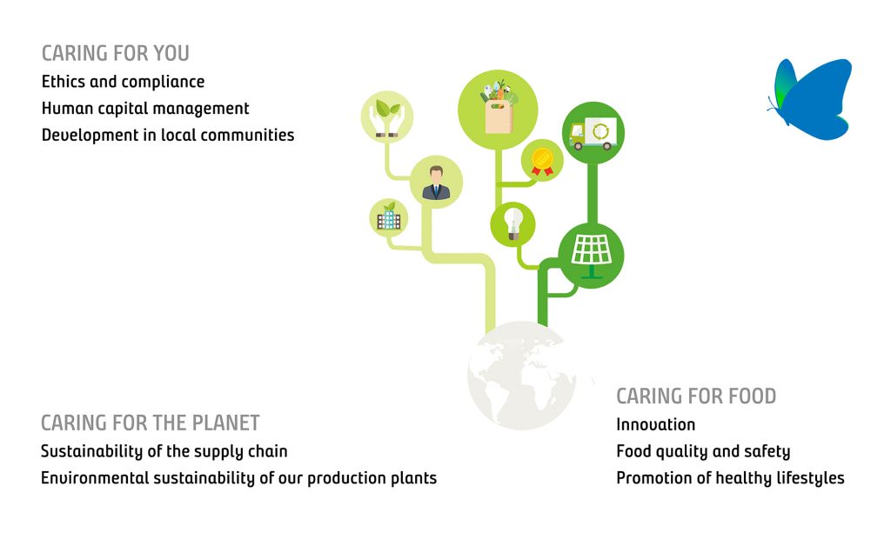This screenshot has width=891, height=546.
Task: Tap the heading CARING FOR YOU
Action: click(116, 53)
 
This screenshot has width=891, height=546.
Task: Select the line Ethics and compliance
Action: click(123, 82)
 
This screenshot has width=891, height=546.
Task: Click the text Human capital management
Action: click(145, 109)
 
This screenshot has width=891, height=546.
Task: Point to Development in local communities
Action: click(168, 135)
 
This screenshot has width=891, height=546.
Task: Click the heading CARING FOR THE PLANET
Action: click(150, 423)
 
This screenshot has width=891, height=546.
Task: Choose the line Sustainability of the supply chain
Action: click(164, 451)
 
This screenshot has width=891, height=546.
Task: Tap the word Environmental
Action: click(95, 478)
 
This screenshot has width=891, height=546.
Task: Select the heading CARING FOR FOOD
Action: click(696, 396)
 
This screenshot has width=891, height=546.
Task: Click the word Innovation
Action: click(656, 424)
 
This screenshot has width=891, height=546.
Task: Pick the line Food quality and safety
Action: click(703, 451)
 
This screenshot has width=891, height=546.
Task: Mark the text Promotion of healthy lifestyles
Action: click(730, 478)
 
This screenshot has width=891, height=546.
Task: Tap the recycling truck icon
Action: click(593, 133)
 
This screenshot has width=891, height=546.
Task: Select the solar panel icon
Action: click(591, 256)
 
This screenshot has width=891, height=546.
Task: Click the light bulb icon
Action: click(513, 224)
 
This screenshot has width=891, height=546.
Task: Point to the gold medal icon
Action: click(542, 161)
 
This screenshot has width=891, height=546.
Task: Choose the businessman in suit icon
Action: click(436, 183)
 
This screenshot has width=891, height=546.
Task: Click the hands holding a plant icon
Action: click(387, 117)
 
